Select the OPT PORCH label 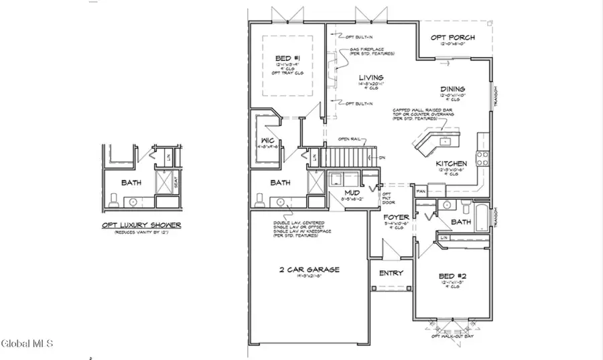[457, 38]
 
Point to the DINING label [452, 88]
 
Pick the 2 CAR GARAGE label [310, 269]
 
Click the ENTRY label [391, 273]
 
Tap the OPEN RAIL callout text [350, 139]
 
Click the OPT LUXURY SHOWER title [141, 225]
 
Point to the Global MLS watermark [27, 344]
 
